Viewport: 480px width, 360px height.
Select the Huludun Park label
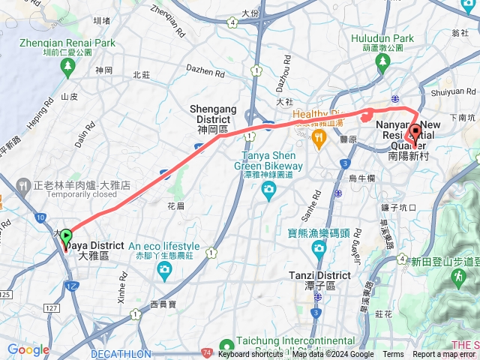coord(381,38)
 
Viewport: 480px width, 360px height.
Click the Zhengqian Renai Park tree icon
coord(67,67)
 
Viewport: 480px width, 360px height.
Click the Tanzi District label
coord(319,275)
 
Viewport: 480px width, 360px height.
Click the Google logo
coord(28,349)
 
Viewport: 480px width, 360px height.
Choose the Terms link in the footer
coord(393,355)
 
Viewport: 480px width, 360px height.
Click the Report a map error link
coord(443,355)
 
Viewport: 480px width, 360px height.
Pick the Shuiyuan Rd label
coord(453,94)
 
